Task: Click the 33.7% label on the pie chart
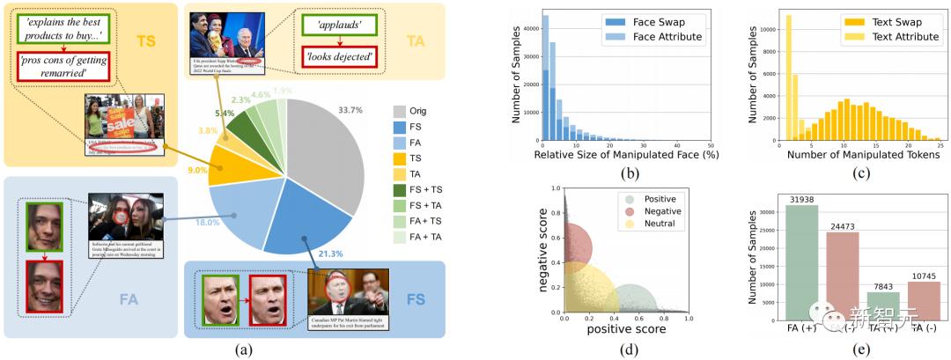pyautogui.click(x=350, y=110)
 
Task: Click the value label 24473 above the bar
pyautogui.click(x=843, y=225)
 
